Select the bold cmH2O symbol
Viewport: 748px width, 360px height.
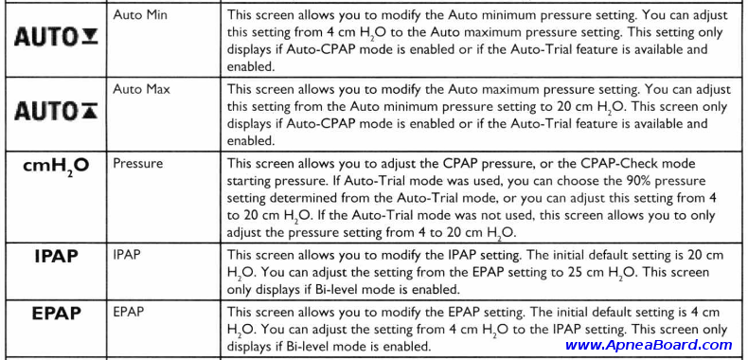tap(55, 167)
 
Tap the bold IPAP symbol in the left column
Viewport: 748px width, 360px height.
tap(55, 257)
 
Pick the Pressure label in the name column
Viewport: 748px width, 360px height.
tap(137, 163)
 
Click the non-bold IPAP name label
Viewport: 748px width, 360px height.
tap(127, 254)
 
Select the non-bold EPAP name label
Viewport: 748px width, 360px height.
tap(128, 310)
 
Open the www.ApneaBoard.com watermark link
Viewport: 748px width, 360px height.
tap(649, 346)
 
